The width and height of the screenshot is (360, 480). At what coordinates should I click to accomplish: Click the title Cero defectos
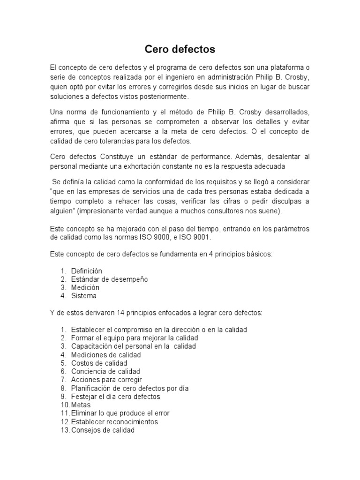coord(180,49)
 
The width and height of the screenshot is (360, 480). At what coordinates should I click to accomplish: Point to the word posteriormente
coord(148,97)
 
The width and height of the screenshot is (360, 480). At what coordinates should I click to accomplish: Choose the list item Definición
coord(86,271)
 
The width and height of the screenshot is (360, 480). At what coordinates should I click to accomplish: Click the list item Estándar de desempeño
coord(109,279)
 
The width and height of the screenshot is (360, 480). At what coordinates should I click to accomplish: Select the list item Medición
coord(84,287)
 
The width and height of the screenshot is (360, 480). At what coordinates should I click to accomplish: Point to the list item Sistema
coord(84,296)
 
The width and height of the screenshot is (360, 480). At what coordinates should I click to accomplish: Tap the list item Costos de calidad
coord(99,363)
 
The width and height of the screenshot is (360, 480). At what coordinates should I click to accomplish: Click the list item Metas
coord(81,405)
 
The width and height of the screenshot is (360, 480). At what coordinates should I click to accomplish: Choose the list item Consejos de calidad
coord(103,430)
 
